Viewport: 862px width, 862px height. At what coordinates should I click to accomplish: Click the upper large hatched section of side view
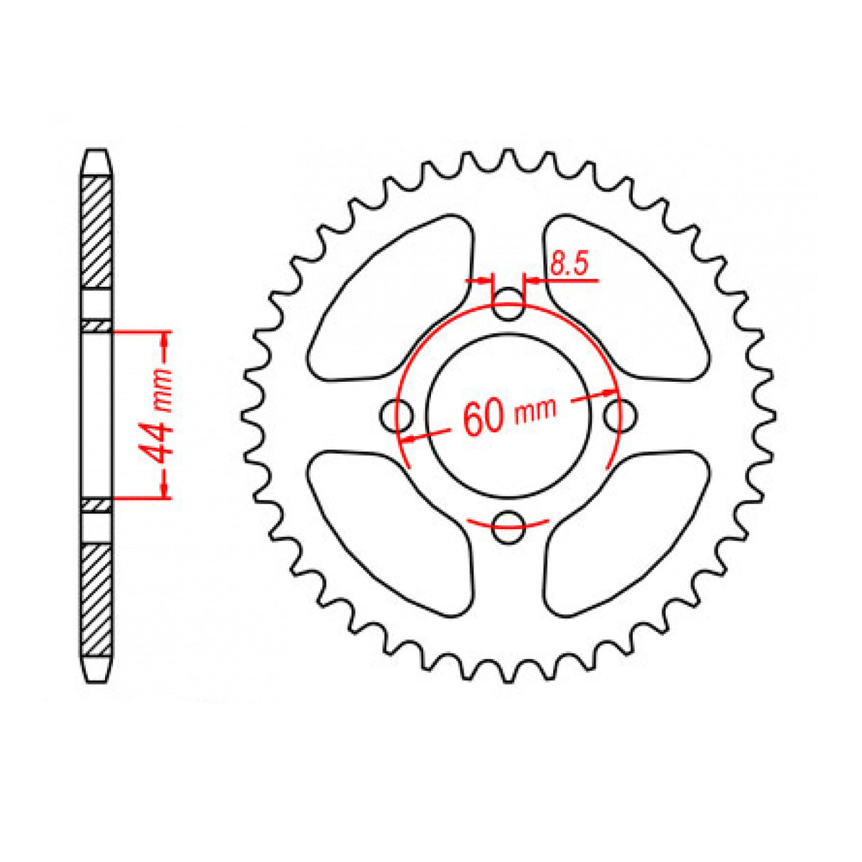click(96, 231)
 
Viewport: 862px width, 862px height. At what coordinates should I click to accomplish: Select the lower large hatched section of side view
click(96, 600)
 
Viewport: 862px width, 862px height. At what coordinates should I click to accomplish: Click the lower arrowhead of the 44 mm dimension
click(165, 489)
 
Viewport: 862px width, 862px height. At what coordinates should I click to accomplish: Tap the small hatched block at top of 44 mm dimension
click(96, 326)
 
